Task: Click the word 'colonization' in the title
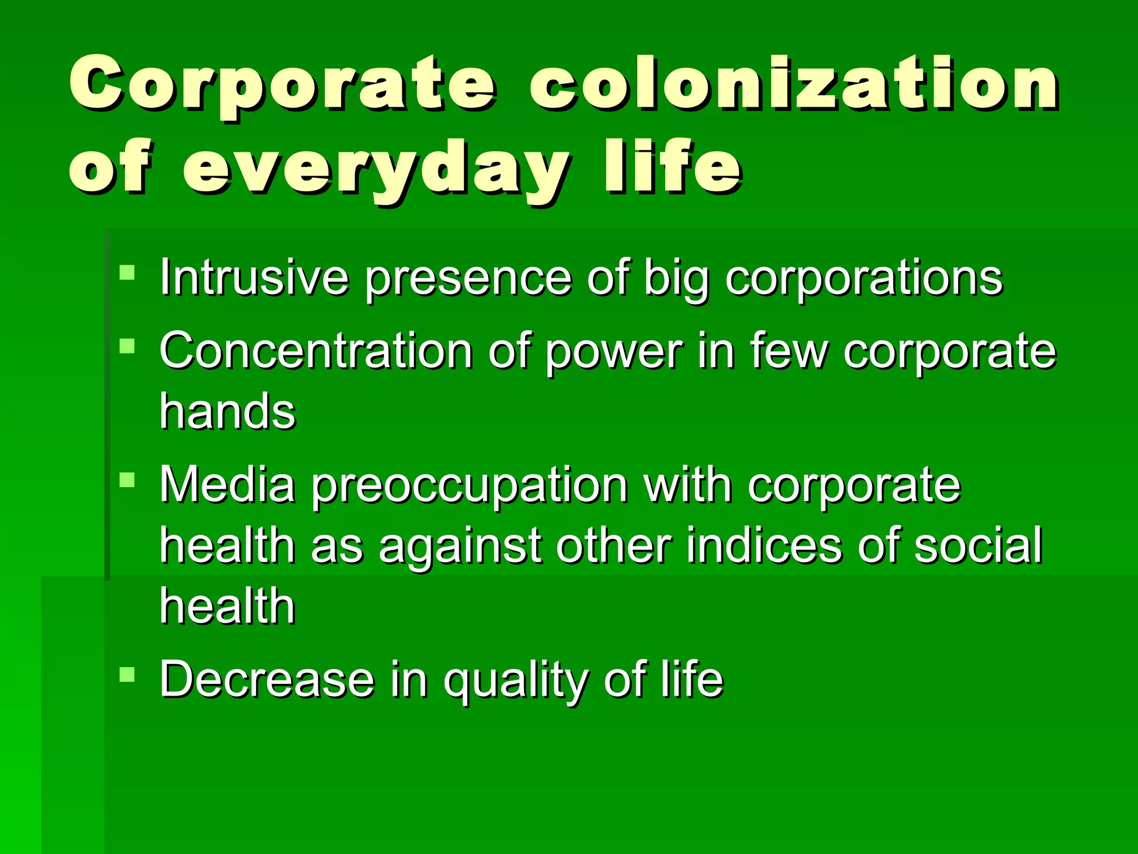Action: (x=793, y=85)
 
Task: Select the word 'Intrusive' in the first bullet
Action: (x=254, y=277)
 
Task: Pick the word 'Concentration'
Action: (x=316, y=351)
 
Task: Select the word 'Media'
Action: (x=227, y=484)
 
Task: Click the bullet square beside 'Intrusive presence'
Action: (x=127, y=272)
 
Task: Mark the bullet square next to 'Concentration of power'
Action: (x=127, y=346)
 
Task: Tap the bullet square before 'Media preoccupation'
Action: (x=127, y=479)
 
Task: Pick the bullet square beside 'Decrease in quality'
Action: (x=127, y=674)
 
